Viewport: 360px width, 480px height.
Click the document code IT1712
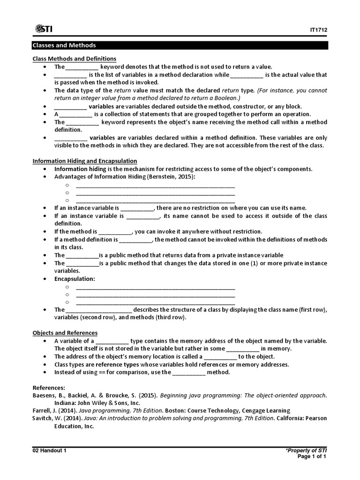(x=318, y=30)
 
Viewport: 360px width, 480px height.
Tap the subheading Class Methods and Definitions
(x=74, y=59)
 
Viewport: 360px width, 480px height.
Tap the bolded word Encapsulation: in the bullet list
(x=75, y=279)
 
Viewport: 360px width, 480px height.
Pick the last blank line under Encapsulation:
(x=155, y=302)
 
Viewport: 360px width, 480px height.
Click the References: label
(x=49, y=388)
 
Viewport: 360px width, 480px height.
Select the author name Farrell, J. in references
(x=45, y=411)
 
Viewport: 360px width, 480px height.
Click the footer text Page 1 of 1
(x=313, y=457)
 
